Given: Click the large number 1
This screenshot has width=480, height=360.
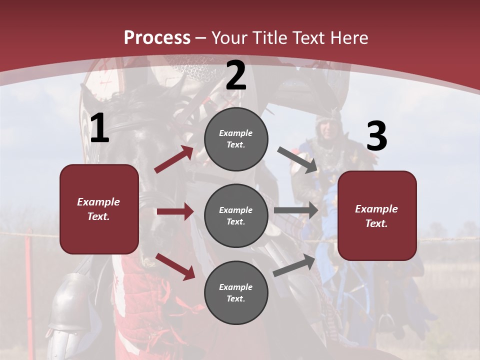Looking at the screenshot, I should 99,128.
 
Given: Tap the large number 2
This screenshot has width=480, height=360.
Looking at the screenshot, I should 235,76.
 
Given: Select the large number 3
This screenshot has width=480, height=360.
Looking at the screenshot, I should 376,136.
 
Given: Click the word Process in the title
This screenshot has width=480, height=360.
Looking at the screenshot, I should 157,38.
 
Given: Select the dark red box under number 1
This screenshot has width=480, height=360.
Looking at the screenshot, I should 99,209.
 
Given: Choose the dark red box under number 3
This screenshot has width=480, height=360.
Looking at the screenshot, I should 377,215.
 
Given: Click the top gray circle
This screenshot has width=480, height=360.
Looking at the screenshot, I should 236,139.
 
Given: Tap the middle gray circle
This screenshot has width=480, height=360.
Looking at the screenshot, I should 236,215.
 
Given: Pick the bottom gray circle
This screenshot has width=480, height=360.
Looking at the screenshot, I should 236,292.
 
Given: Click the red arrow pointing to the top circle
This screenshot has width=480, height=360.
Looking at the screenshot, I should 174,159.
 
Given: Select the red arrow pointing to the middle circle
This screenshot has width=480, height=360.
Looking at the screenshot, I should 175,211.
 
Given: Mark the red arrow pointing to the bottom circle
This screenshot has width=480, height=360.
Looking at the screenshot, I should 175,266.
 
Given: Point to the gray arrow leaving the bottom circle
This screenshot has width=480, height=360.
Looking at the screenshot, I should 294,265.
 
